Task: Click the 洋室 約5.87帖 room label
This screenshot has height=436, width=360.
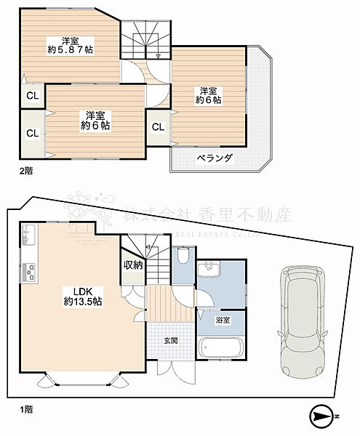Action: pyautogui.click(x=70, y=45)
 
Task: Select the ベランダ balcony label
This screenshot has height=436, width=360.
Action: pyautogui.click(x=215, y=158)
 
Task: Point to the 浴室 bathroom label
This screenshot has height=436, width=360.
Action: pyautogui.click(x=222, y=320)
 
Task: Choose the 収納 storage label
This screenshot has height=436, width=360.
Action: pyautogui.click(x=133, y=265)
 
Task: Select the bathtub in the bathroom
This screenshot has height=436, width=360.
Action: pyautogui.click(x=221, y=348)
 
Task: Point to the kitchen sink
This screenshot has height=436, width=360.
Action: pyautogui.click(x=29, y=236)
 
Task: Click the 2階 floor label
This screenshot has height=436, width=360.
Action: pyautogui.click(x=25, y=171)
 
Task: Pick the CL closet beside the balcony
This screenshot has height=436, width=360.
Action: pyautogui.click(x=158, y=127)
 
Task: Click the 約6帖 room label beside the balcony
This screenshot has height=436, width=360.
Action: pyautogui.click(x=209, y=96)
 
